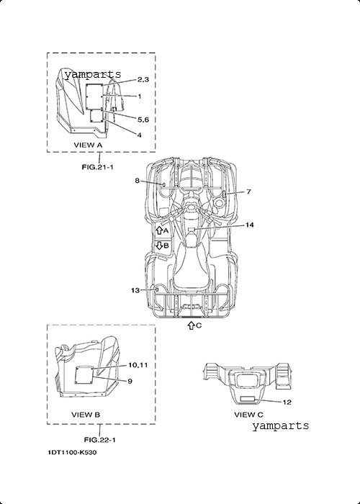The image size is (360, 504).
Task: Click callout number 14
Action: coord(249,225)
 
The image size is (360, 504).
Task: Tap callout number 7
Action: coord(248,192)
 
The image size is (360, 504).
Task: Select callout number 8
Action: coord(138,181)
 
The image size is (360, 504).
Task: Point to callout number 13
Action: coord(135,290)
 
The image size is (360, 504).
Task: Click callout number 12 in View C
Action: coord(287,402)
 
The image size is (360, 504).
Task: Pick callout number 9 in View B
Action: coord(130,381)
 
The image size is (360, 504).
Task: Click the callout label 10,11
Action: coord(138,365)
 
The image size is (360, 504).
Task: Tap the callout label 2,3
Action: coord(143,80)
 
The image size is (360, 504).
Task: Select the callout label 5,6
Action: coord(143,120)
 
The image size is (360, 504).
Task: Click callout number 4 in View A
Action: coord(139,135)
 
